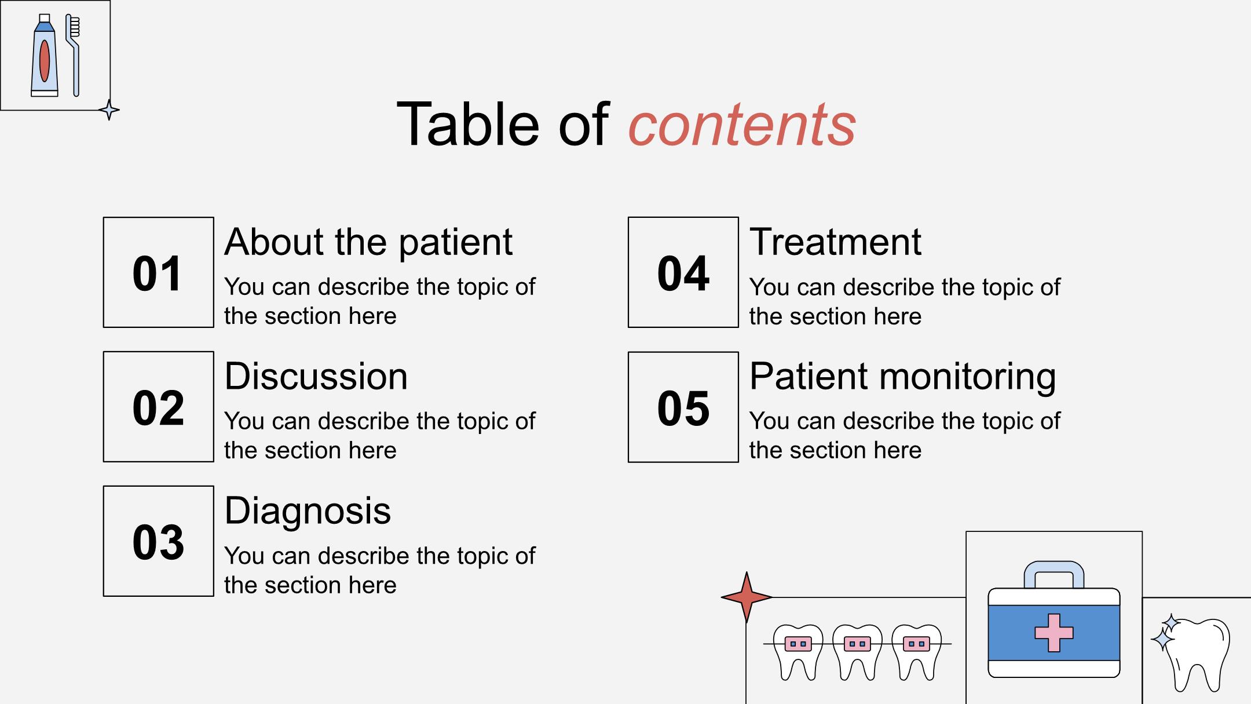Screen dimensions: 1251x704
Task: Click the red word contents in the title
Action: (x=742, y=125)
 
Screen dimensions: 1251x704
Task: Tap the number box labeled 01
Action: (x=158, y=272)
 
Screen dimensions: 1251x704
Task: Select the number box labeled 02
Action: (x=158, y=407)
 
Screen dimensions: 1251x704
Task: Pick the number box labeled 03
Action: (x=158, y=541)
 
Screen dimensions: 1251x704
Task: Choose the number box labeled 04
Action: (x=683, y=272)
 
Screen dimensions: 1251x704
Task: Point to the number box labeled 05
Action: (x=683, y=407)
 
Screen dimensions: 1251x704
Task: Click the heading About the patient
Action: (x=368, y=242)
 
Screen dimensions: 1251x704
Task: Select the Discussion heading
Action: (x=316, y=377)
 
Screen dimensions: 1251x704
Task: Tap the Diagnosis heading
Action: (x=308, y=512)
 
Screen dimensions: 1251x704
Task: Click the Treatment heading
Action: (x=835, y=242)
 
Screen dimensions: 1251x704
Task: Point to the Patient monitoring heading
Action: (x=903, y=377)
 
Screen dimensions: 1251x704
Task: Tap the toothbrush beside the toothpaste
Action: (x=73, y=55)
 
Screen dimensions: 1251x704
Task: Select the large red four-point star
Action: (x=747, y=597)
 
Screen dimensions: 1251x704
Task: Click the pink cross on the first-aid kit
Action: (x=1054, y=633)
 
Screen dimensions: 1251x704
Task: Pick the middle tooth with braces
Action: (x=857, y=652)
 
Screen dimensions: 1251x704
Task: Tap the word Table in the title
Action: (x=469, y=125)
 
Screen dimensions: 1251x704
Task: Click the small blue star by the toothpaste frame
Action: (x=109, y=110)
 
